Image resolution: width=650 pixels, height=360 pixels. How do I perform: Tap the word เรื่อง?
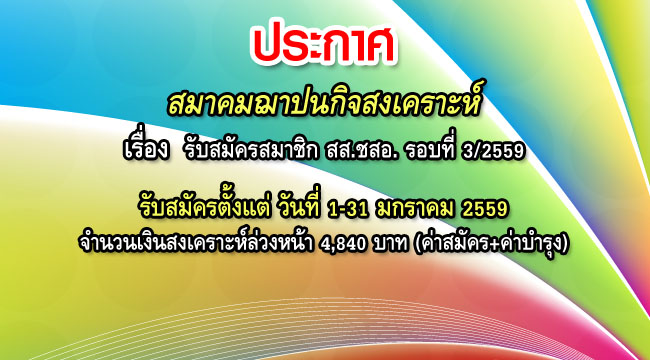pos(142,152)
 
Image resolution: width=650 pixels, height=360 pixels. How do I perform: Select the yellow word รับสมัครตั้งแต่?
pos(203,207)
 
